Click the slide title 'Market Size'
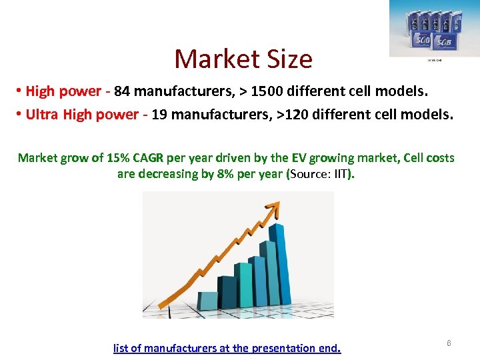[243, 59]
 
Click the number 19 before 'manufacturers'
[160, 114]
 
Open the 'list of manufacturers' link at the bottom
[227, 348]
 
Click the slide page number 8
[449, 343]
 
